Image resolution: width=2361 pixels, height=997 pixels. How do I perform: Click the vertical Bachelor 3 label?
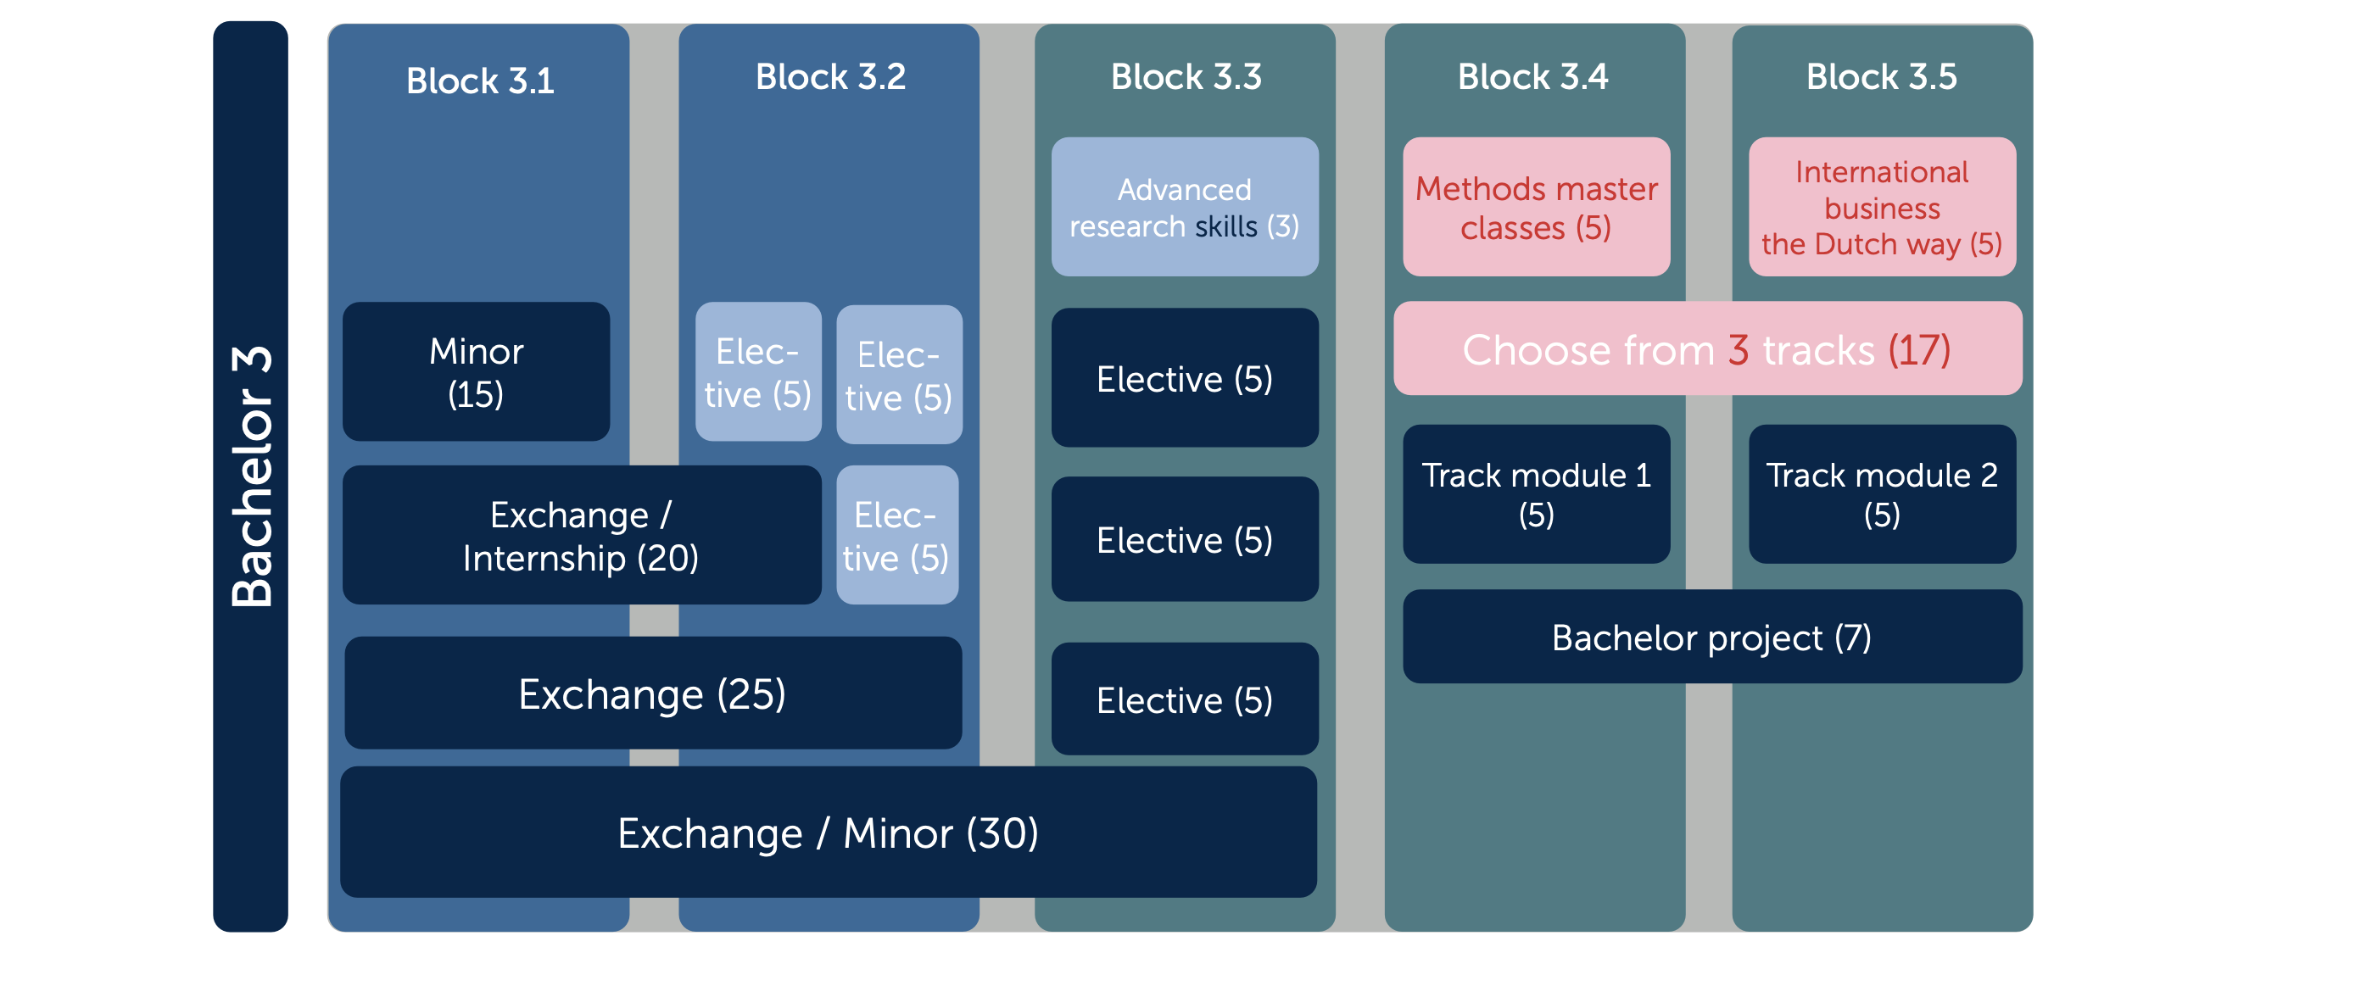click(x=252, y=476)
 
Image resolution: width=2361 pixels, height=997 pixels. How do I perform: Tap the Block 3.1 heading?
click(x=480, y=81)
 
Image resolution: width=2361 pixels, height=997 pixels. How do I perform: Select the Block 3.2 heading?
click(x=830, y=77)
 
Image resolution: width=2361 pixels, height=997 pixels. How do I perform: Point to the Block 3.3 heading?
click(x=1186, y=77)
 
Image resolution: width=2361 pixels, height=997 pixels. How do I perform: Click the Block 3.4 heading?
click(x=1532, y=77)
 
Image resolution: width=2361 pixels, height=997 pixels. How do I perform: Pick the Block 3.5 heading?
click(x=1881, y=77)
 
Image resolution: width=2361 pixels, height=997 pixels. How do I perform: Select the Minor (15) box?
click(x=477, y=372)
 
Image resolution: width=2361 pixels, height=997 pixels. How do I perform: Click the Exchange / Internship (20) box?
click(x=581, y=535)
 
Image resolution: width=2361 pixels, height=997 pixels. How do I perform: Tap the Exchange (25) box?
click(x=652, y=693)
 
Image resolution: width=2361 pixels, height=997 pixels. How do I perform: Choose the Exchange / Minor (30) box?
click(x=829, y=832)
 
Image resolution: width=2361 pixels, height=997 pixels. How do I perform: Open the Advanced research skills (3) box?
click(x=1185, y=207)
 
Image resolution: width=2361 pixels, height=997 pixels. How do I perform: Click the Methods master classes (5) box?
click(x=1536, y=207)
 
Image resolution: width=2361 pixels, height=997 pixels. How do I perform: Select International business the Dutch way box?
click(x=1882, y=207)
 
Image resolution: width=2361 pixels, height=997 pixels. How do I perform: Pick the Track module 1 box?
click(x=1536, y=494)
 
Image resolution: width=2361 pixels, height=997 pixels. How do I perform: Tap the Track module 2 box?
click(x=1882, y=494)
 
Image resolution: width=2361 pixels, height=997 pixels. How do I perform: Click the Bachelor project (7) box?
click(x=1712, y=637)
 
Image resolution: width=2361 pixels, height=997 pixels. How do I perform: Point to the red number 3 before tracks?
click(x=1739, y=350)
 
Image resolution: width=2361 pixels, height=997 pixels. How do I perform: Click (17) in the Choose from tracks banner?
click(x=1919, y=350)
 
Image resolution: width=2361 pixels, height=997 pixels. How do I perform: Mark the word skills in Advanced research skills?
click(x=1225, y=226)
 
